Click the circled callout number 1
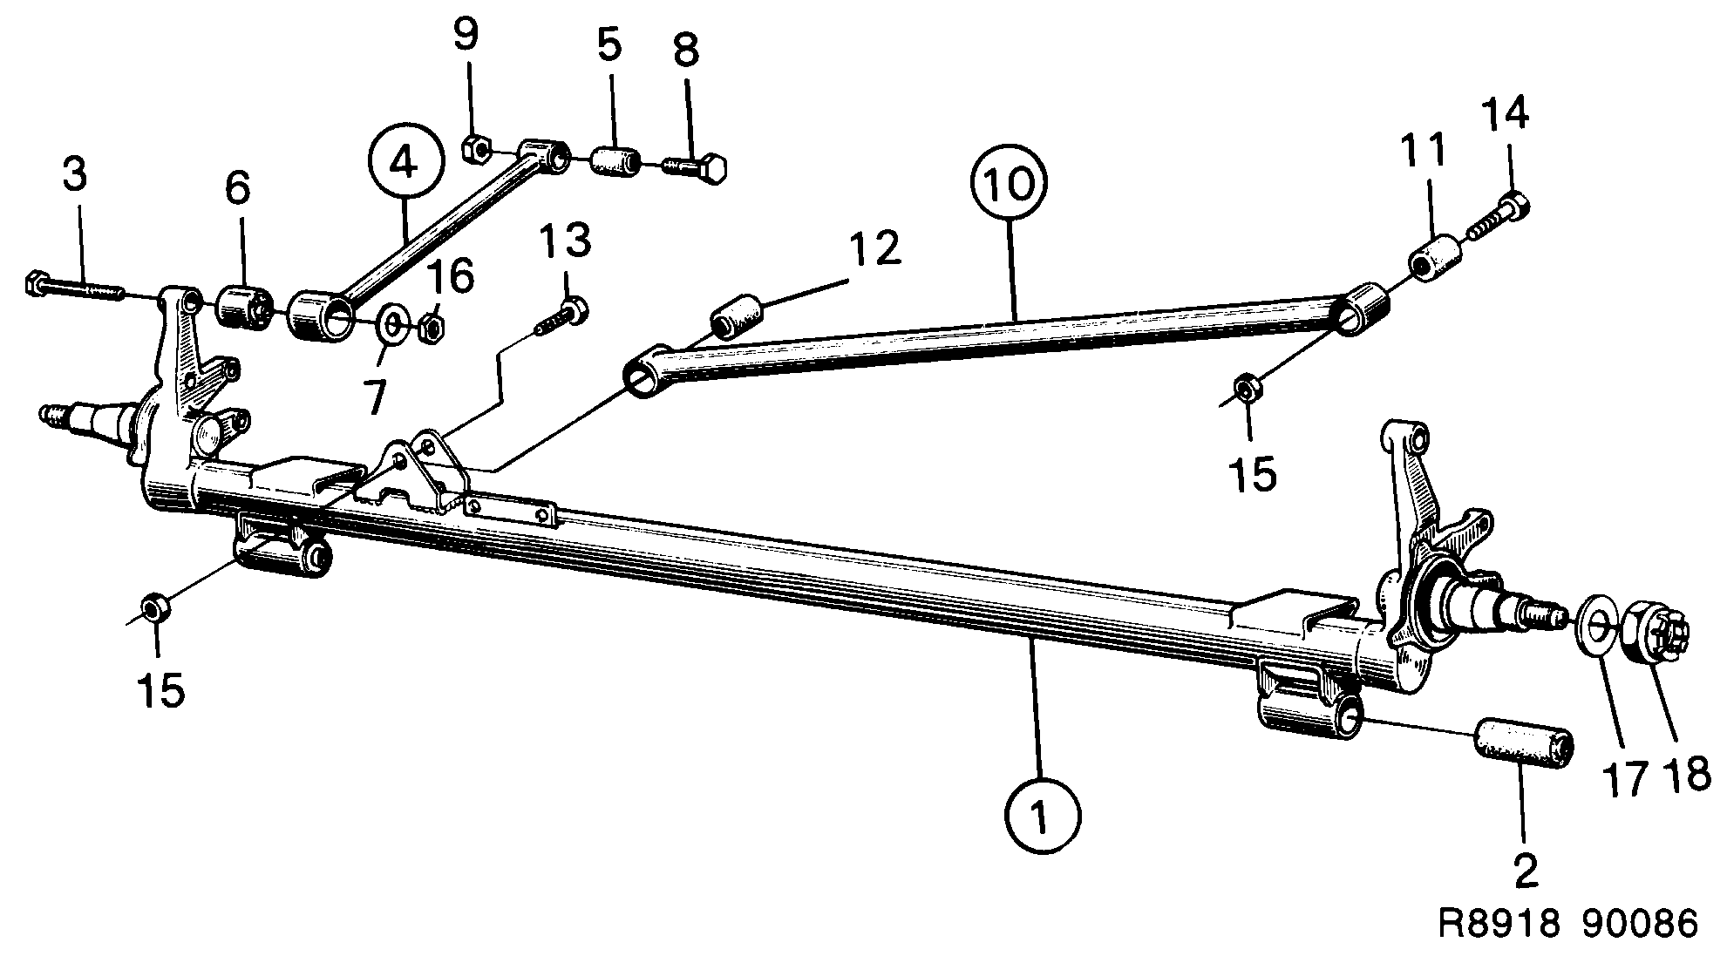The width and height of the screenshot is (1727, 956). pos(1042,816)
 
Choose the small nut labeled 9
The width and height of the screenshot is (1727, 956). pos(476,150)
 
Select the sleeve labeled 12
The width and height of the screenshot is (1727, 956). pos(738,315)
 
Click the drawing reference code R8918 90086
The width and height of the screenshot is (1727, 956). pos(1569,924)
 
